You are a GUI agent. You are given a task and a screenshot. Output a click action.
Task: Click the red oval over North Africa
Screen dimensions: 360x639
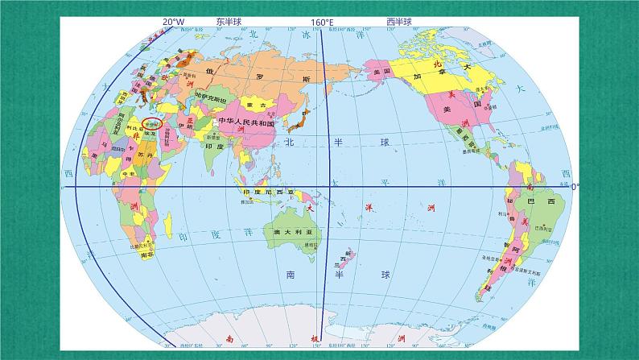pyautogui.click(x=151, y=123)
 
